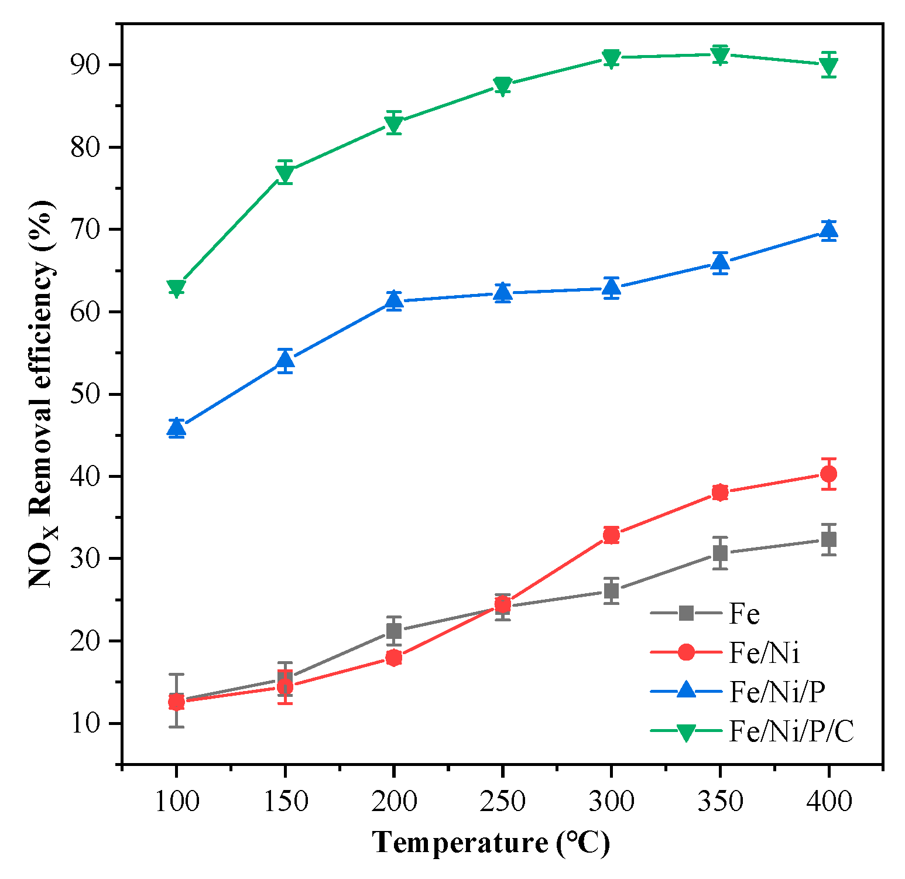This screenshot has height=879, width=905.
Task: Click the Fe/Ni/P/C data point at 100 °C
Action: [x=176, y=288]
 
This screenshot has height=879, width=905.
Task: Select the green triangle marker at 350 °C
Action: [x=720, y=54]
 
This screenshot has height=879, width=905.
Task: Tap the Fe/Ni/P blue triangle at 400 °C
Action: [x=828, y=230]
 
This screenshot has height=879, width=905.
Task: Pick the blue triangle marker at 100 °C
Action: [x=176, y=428]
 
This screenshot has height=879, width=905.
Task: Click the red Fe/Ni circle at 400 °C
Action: [x=828, y=474]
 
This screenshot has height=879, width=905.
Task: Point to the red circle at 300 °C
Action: [x=611, y=535]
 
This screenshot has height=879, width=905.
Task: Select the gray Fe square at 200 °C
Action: [x=394, y=631]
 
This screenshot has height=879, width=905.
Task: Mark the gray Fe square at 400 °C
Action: [x=828, y=539]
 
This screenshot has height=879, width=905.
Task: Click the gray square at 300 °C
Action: [x=611, y=591]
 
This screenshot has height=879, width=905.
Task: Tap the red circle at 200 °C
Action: [x=394, y=658]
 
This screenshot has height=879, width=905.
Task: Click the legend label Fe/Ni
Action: [x=765, y=652]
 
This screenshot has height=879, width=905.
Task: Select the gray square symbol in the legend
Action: [x=685, y=614]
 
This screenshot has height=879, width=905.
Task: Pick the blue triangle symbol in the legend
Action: [x=685, y=691]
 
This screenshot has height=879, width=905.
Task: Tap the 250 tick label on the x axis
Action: [x=502, y=801]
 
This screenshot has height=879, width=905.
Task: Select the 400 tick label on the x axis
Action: [x=828, y=801]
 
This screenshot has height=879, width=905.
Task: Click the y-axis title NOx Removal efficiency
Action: [x=44, y=394]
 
